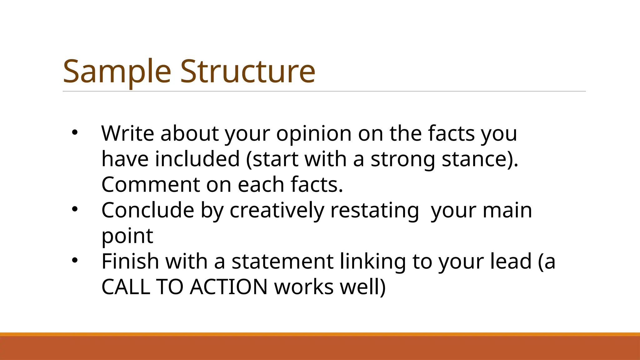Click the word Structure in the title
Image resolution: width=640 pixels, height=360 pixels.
click(x=247, y=72)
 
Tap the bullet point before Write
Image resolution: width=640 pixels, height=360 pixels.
click(x=74, y=132)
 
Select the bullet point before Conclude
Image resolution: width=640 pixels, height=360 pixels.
click(x=74, y=209)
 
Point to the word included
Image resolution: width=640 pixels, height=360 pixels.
click(x=197, y=159)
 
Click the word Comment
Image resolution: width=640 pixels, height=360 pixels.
click(x=150, y=184)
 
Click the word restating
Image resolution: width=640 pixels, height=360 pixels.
click(x=374, y=211)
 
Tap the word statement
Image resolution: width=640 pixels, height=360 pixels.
click(x=282, y=261)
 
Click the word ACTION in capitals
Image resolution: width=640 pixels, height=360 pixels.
click(x=228, y=287)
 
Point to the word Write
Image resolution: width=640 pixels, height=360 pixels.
click(x=127, y=133)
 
